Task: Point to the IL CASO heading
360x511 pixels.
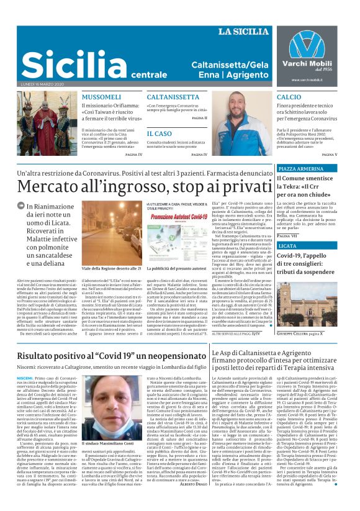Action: point(160,133)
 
